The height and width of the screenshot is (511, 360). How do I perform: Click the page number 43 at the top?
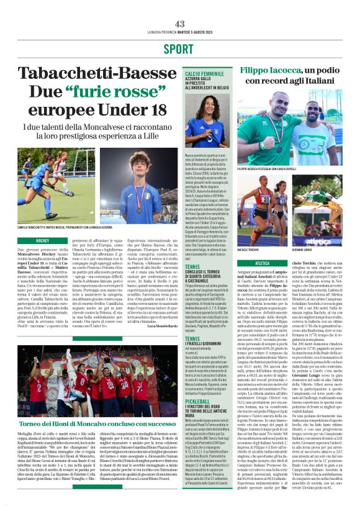[x=180, y=24]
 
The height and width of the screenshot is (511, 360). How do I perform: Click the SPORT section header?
[x=179, y=48]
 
